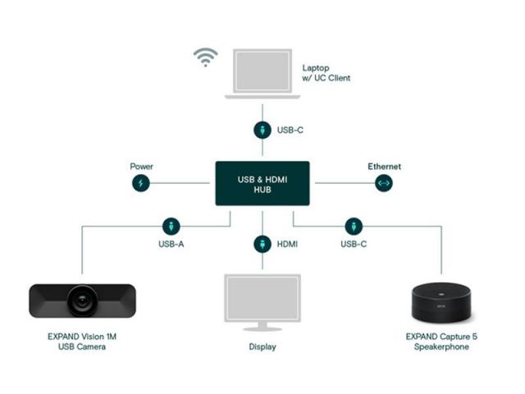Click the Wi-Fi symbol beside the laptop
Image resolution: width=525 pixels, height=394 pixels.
pos(206,57)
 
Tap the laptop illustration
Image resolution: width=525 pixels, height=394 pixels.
pos(262,74)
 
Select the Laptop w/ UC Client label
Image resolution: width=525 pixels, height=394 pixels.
pos(326,73)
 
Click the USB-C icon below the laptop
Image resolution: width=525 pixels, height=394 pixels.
pos(262,130)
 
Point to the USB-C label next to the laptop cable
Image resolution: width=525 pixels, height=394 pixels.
pos(290,130)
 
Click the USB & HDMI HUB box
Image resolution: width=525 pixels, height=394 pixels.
pos(262,183)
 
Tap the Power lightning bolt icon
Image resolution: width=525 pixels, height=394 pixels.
pos(141,183)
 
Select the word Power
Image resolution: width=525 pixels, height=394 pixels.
pos(142,167)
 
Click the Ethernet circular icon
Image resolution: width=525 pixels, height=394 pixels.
pos(384,183)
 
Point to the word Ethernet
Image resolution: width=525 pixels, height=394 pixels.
pos(385,167)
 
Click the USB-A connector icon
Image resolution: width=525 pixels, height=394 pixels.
pos(171,227)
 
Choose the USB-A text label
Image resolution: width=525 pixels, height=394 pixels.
pos(171,244)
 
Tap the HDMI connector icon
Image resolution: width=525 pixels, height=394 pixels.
pos(262,244)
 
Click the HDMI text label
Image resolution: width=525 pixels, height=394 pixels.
pos(287,244)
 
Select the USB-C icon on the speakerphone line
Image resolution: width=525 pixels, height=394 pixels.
pos(354,227)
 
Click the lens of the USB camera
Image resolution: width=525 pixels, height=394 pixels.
pos(82,301)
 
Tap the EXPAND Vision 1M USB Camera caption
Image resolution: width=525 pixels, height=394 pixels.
pos(82,341)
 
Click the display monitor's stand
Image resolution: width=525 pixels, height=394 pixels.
pos(262,327)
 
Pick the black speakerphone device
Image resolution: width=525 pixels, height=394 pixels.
pos(441,303)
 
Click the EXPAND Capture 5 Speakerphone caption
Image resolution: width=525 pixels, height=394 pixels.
pos(441,341)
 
